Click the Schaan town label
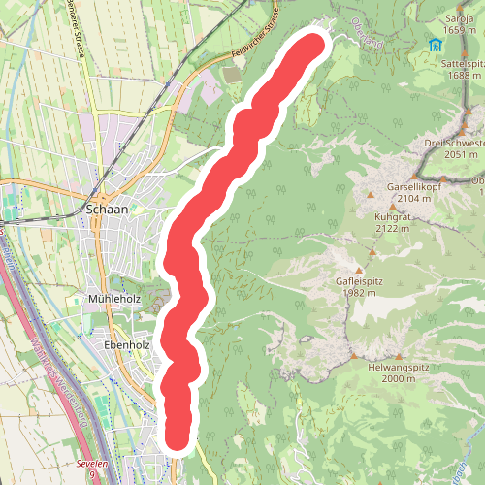pos(109,208)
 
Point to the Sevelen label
pos(92,465)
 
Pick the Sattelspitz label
pos(462,63)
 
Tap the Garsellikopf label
pos(414,185)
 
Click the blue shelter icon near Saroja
pos(434,45)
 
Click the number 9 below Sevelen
pos(92,475)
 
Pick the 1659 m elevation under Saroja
pos(460,31)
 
